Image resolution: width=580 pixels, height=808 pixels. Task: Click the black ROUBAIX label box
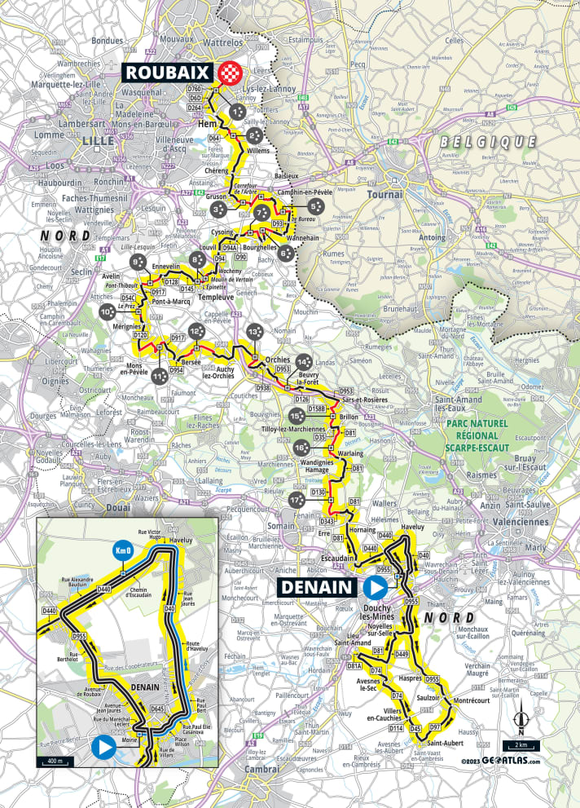click(x=168, y=72)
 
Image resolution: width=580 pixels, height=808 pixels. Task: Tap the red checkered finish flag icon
click(x=231, y=73)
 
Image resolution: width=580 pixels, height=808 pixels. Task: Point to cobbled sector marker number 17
click(x=296, y=499)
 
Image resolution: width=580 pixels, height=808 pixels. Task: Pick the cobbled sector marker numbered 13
click(x=254, y=333)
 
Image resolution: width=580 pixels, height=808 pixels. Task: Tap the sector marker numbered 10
click(x=107, y=312)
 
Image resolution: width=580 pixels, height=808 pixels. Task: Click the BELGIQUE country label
click(x=487, y=142)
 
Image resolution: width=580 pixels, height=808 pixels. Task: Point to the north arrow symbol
click(x=520, y=717)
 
